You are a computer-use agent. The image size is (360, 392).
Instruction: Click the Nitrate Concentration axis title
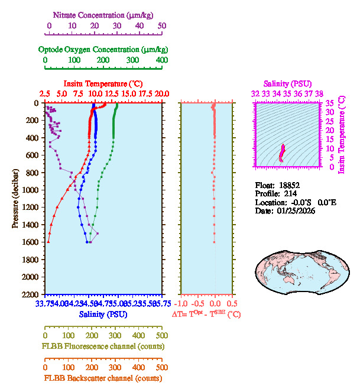[x=105, y=14]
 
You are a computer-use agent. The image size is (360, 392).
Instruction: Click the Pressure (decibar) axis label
[x=16, y=199]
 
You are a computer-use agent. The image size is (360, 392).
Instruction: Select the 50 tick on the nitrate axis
[x=162, y=26]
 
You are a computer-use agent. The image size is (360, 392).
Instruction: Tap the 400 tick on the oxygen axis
[x=162, y=60]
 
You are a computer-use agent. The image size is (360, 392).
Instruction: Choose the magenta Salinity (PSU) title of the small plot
[x=287, y=83]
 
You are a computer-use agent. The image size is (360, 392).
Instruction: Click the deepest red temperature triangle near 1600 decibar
[x=48, y=241]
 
